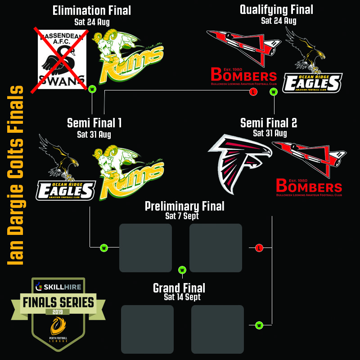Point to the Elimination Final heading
pos(92,11)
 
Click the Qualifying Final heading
pos(276,9)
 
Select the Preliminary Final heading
pos(184,207)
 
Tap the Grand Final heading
pos(179,288)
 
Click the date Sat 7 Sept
pos(182,216)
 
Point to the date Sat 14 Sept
pos(182,297)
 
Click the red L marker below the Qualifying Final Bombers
pos(253,92)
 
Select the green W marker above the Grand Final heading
pos(182,270)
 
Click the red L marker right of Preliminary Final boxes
pos(259,248)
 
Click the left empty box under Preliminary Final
pos(145,248)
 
